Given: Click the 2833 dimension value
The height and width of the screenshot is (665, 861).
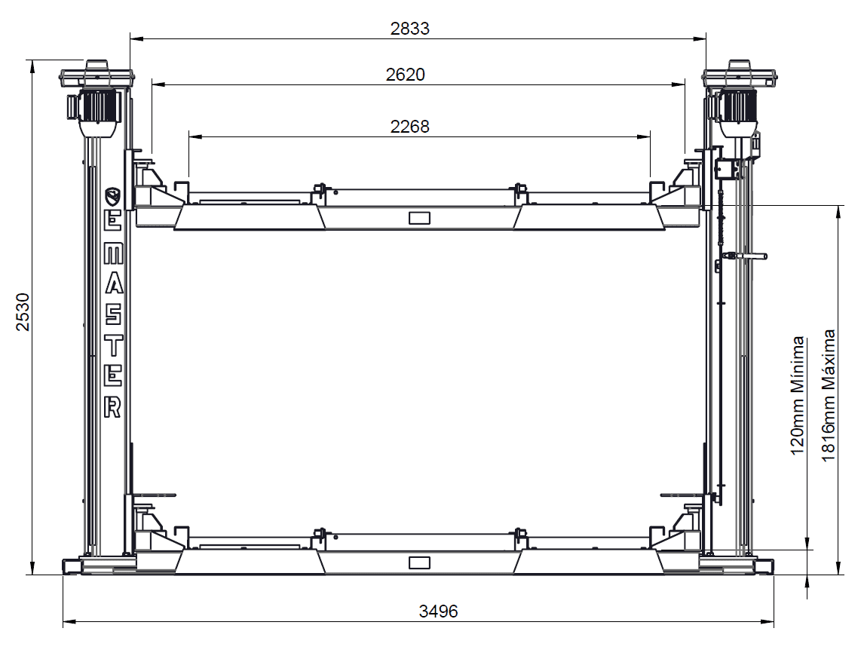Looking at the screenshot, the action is [x=409, y=28].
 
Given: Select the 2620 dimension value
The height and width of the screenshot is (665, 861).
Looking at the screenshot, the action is [x=405, y=74].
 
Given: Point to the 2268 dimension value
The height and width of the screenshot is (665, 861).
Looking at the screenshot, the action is [x=409, y=127].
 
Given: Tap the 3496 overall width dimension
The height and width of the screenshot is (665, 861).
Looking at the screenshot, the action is [x=438, y=611].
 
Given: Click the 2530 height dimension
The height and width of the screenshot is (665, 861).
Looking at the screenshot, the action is [x=23, y=312].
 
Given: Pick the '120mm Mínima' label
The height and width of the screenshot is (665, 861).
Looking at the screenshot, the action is [x=798, y=395].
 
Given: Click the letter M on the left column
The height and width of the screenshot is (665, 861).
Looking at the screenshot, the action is [x=113, y=253].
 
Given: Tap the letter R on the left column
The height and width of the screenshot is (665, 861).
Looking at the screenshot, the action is [x=112, y=407].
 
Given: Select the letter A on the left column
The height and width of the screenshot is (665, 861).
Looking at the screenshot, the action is [x=114, y=284].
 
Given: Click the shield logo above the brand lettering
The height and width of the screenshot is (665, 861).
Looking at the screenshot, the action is [x=113, y=196].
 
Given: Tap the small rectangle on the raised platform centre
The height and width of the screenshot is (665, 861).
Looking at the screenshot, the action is [x=419, y=218].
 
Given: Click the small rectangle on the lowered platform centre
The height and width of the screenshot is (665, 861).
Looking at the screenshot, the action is [x=419, y=562].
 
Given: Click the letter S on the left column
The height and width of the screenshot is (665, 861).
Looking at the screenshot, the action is [x=113, y=315].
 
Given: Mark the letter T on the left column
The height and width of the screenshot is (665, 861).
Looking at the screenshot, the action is [x=113, y=345].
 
